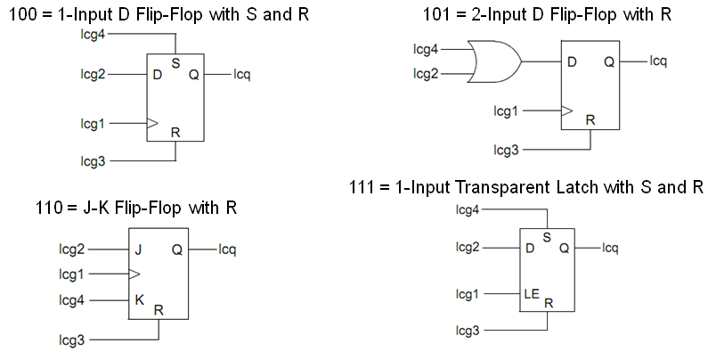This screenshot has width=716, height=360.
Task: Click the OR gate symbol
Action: point(498,61)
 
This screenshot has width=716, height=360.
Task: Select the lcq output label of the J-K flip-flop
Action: point(229,250)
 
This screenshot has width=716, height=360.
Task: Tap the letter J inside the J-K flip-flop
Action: point(138,250)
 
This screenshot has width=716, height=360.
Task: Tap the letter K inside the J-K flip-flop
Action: point(139,299)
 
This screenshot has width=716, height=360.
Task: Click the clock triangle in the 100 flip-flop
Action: point(152,123)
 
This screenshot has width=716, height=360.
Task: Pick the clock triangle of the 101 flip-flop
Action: point(566,111)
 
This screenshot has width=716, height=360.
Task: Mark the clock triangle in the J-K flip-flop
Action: point(134,274)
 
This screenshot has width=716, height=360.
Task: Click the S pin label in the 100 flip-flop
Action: point(175,63)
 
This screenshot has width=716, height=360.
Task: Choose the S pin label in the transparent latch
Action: point(546,237)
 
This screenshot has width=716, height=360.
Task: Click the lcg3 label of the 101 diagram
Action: point(507,151)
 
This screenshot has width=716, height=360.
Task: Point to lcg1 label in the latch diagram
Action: point(468,293)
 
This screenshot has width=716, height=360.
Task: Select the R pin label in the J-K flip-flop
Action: point(159,310)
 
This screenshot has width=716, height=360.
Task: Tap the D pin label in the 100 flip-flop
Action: point(157,74)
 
